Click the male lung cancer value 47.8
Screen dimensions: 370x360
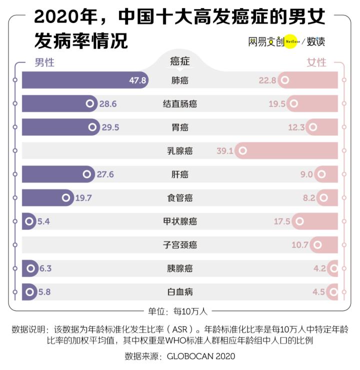(x=137, y=80)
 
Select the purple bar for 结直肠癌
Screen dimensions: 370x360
(x=55, y=104)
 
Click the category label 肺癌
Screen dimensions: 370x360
(x=179, y=80)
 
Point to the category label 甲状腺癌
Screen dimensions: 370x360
(x=179, y=222)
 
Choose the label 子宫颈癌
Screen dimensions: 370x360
(x=179, y=245)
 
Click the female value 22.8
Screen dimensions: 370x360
(x=267, y=80)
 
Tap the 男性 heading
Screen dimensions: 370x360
(x=44, y=62)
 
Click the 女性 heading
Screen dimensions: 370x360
(x=316, y=62)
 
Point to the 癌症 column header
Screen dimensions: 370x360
(x=179, y=61)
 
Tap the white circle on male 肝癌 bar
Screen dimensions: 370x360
(x=87, y=174)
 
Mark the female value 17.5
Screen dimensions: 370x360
(x=282, y=222)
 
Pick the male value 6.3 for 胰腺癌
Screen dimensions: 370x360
(x=45, y=269)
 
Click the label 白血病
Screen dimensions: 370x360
(x=179, y=292)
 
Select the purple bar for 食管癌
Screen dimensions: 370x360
(x=42, y=198)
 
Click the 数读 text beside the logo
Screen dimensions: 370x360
(x=316, y=41)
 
